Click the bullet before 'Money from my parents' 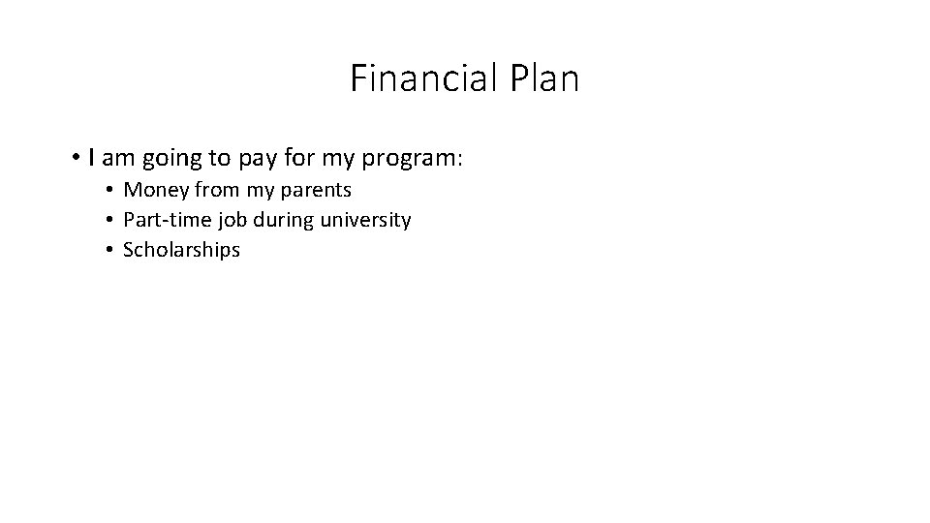pyautogui.click(x=111, y=190)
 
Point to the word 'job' pyautogui.click(x=224, y=221)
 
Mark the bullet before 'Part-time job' pyautogui.click(x=111, y=220)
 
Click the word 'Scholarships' pyautogui.click(x=182, y=250)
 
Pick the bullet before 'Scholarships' pyautogui.click(x=111, y=250)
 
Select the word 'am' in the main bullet pyautogui.click(x=114, y=158)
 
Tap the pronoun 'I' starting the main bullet pyautogui.click(x=90, y=157)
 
